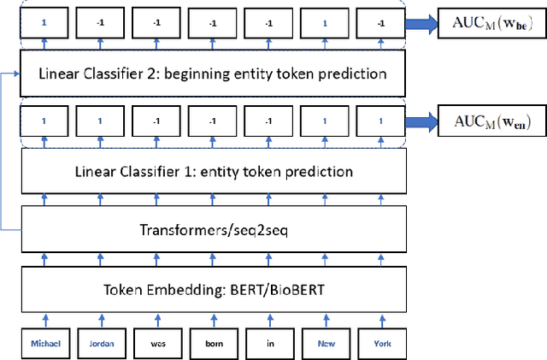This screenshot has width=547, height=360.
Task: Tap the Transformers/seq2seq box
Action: coord(214,229)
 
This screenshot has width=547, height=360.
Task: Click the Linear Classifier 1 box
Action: coord(214,173)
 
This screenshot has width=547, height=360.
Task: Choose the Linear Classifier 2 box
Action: coord(214,74)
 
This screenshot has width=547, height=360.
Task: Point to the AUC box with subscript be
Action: coord(491,23)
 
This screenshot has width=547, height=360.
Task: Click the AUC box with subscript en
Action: coord(491,123)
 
